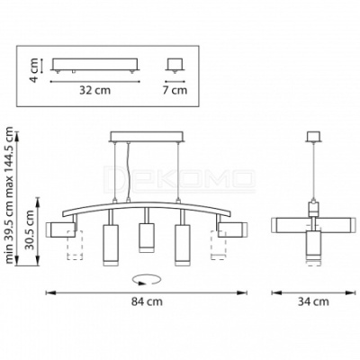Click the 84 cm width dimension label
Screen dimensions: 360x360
[x=147, y=301]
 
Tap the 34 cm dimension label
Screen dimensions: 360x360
[x=313, y=301]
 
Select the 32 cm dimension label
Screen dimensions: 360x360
[x=94, y=90]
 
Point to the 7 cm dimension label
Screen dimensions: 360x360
[x=175, y=90]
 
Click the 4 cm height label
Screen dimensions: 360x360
[x=35, y=70]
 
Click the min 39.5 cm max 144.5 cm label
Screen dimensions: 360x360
[x=10, y=195]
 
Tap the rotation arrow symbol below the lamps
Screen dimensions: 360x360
[x=147, y=279]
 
